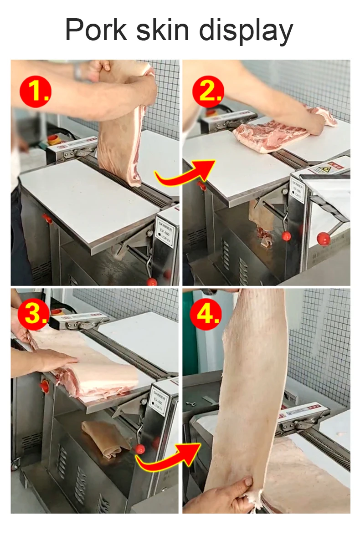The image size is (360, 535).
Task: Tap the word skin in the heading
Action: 171,31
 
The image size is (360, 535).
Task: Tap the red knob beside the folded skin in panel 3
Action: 139,449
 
